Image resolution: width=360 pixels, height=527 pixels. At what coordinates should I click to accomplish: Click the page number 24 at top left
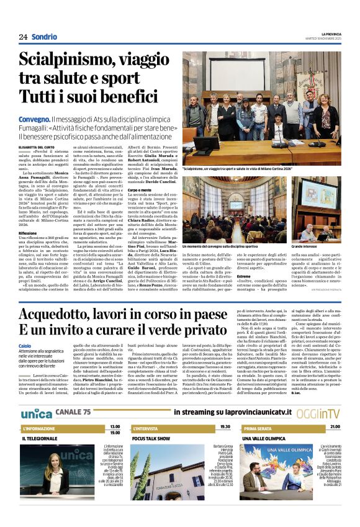tap(23, 37)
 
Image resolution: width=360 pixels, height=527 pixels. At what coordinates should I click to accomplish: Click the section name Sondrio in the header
tap(44, 37)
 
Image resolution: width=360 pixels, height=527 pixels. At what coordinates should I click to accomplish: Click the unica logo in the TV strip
tap(37, 413)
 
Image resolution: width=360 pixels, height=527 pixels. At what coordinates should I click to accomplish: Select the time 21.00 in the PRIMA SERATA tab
tap(335, 427)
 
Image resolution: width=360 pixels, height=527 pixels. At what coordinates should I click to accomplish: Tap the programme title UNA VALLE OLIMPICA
tap(268, 438)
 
